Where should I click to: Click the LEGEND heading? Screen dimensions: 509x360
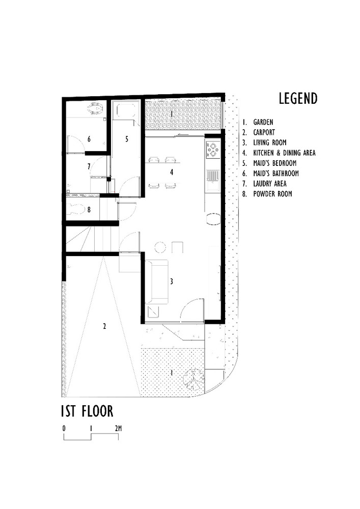(298, 98)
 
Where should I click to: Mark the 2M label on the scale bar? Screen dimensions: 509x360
(118, 428)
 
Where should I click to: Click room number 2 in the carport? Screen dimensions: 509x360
(104, 326)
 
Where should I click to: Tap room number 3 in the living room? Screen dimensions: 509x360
(172, 281)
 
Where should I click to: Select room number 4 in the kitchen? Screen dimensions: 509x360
(172, 173)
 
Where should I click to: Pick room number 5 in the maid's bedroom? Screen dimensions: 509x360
(127, 138)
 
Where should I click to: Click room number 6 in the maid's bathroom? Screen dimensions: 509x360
(89, 138)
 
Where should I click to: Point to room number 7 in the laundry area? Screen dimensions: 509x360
(89, 166)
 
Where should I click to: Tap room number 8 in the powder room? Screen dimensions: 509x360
(89, 208)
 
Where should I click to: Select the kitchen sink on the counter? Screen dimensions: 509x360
(212, 177)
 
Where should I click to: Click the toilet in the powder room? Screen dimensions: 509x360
(75, 208)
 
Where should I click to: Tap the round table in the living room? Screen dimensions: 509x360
(160, 248)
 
